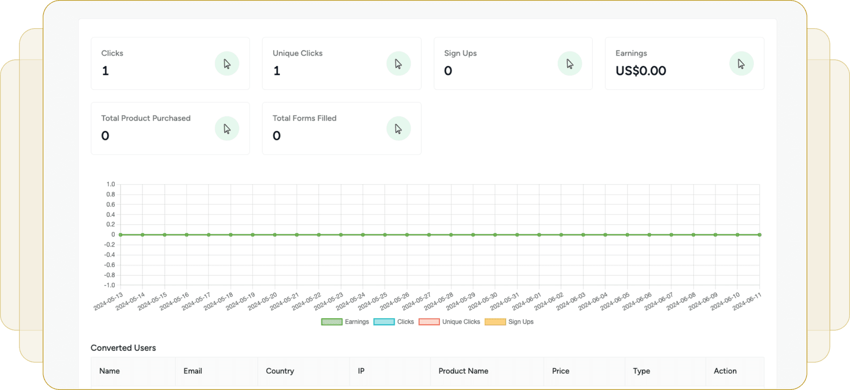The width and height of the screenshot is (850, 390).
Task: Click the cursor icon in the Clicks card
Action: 227,64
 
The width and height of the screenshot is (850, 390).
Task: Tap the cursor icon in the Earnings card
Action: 741,64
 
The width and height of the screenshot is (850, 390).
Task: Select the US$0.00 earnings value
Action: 641,71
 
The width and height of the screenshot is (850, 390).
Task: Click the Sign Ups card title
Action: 460,53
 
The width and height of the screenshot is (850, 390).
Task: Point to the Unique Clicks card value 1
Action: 277,71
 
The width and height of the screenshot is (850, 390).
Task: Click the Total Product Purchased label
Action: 146,118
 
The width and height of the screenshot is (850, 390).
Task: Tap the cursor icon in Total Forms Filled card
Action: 398,129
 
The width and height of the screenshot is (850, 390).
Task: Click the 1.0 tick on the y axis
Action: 110,184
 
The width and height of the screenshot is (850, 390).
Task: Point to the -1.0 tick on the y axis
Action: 109,285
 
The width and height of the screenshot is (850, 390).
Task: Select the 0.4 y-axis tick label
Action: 110,215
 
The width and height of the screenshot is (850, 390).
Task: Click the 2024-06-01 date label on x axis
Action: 527,301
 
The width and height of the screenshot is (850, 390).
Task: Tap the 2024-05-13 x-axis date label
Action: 108,301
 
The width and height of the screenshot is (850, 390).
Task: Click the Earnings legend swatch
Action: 331,322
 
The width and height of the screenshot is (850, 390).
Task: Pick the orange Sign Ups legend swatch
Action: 495,322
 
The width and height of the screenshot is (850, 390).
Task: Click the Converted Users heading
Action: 123,348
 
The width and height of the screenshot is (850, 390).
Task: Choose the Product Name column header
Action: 463,371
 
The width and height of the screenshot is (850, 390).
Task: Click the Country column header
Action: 280,371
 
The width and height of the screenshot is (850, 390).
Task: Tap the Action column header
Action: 725,371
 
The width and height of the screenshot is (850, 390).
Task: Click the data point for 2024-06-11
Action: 759,235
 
